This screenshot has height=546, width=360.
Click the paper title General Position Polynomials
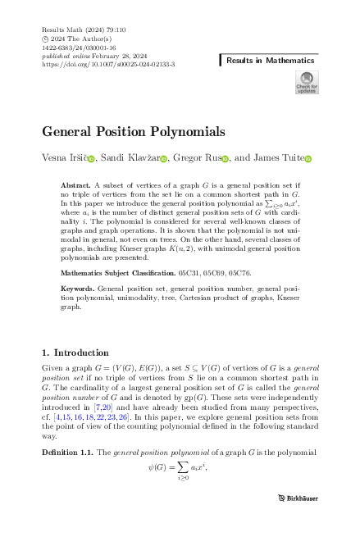(x=133, y=131)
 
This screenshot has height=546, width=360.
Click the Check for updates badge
(x=306, y=82)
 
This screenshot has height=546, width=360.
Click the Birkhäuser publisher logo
(x=297, y=519)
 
